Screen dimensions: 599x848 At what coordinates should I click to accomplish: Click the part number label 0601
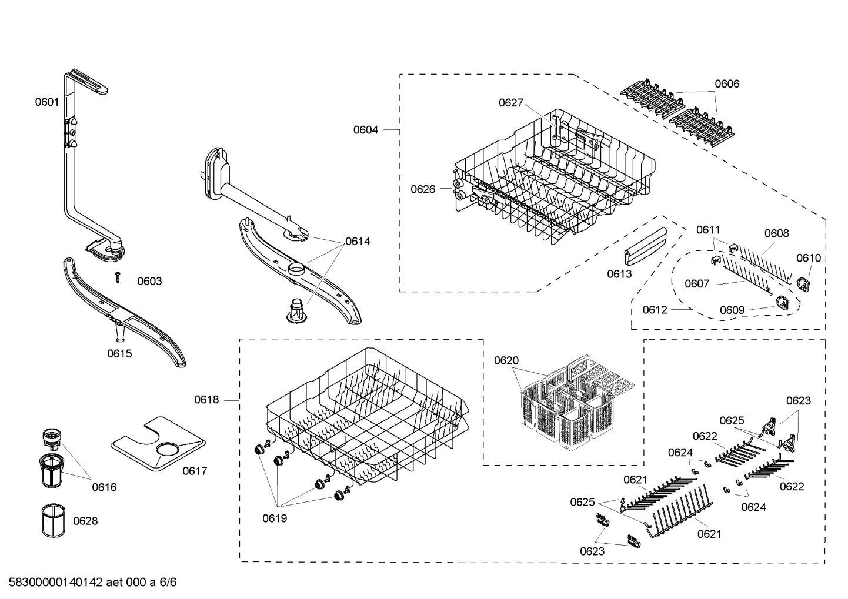pyautogui.click(x=46, y=102)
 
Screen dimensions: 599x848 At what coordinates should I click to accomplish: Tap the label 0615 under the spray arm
pyautogui.click(x=119, y=353)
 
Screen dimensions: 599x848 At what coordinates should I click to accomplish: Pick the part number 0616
pyautogui.click(x=104, y=487)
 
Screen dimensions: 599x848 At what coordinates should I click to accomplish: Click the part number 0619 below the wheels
pyautogui.click(x=275, y=518)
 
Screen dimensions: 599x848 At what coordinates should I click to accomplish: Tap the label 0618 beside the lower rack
pyautogui.click(x=206, y=400)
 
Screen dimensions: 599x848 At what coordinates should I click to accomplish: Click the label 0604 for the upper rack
pyautogui.click(x=365, y=129)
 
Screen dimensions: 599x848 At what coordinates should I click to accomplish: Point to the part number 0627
pyautogui.click(x=510, y=103)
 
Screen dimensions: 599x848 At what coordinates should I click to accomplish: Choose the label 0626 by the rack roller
pyautogui.click(x=423, y=189)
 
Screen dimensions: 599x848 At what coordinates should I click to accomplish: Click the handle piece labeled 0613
pyautogui.click(x=645, y=250)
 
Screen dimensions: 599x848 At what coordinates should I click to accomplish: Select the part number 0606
pyautogui.click(x=727, y=83)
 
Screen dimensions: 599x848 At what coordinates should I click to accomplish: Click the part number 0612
pyautogui.click(x=655, y=309)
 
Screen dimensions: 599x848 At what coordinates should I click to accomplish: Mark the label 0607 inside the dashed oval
pyautogui.click(x=697, y=284)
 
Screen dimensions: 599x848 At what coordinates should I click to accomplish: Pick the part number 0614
pyautogui.click(x=358, y=241)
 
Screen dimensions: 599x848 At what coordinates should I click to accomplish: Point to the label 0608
pyautogui.click(x=776, y=233)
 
